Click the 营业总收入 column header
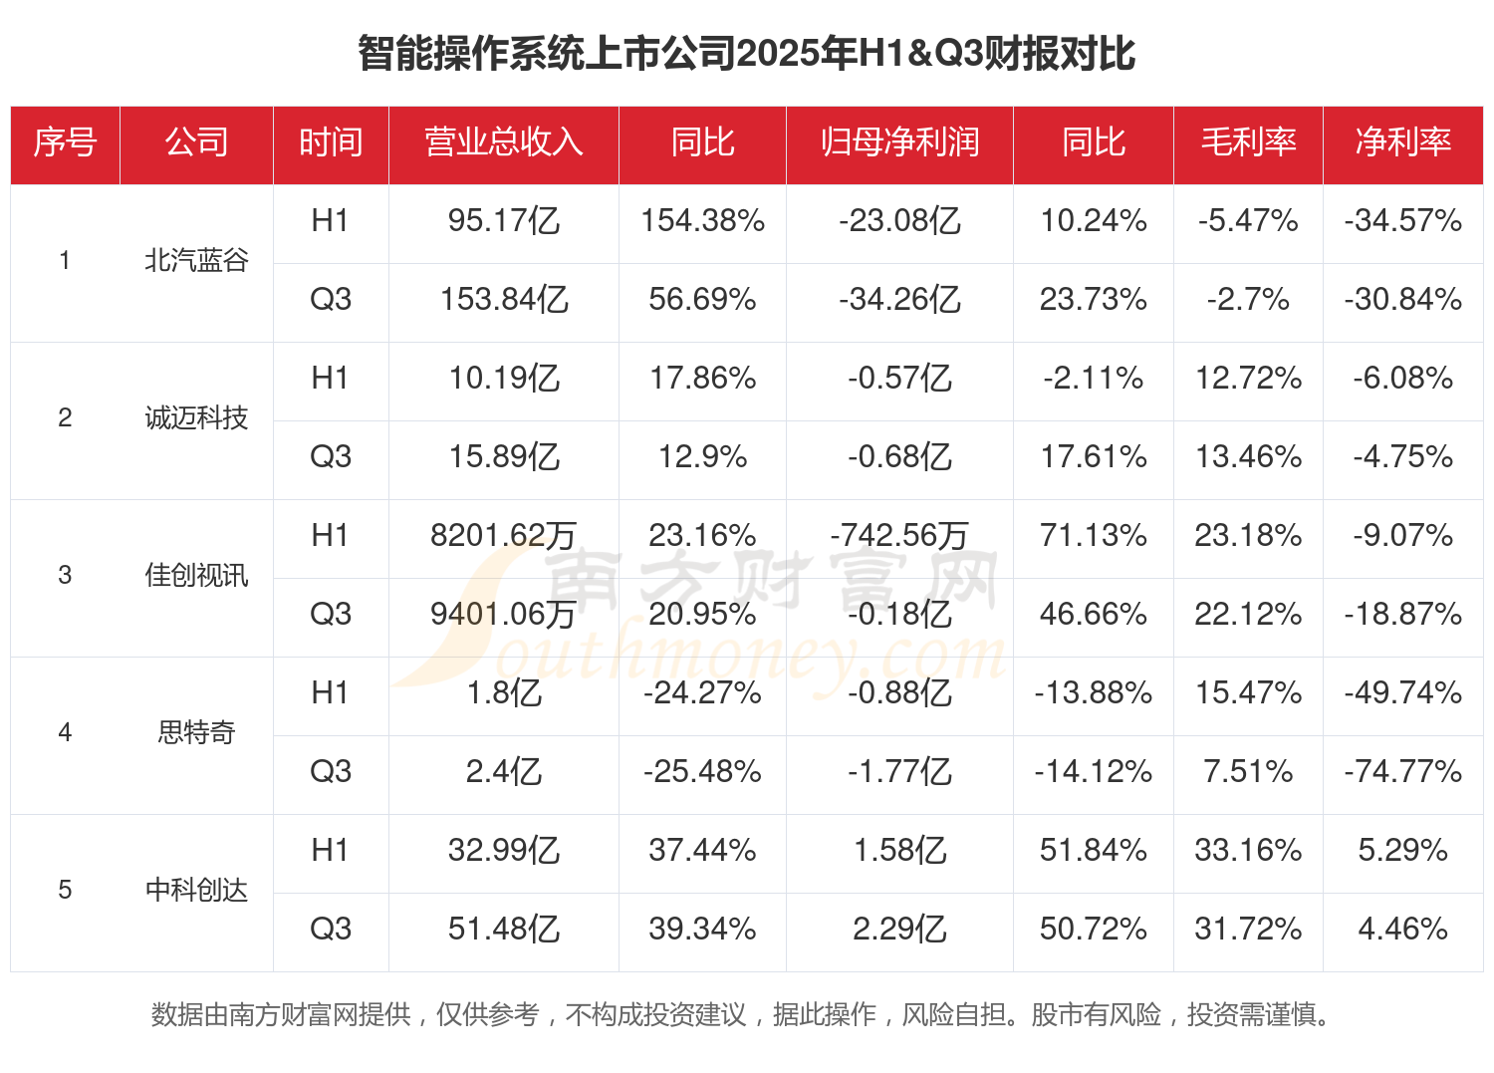click(503, 142)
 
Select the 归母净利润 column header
click(899, 142)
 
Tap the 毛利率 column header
click(1248, 142)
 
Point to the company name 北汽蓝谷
click(196, 261)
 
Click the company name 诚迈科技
click(196, 418)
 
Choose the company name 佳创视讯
click(196, 576)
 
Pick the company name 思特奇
click(196, 733)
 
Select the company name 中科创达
click(196, 891)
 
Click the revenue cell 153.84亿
click(503, 300)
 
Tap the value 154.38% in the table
click(702, 221)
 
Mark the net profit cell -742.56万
click(899, 536)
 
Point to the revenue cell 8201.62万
click(503, 536)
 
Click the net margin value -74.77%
click(1402, 772)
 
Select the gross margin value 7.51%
click(1248, 772)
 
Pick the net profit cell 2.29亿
click(899, 930)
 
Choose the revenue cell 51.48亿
click(503, 930)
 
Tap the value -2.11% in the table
click(1093, 379)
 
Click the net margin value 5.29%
click(1402, 851)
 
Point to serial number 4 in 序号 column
click(65, 733)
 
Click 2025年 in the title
click(797, 54)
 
